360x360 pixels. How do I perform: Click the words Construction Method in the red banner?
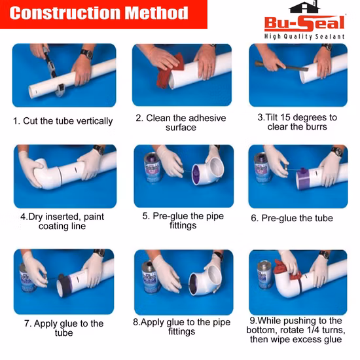pyautogui.click(x=99, y=13)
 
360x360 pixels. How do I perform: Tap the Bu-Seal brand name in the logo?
pyautogui.click(x=304, y=23)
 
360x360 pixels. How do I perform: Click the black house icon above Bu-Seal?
pyautogui.click(x=304, y=7)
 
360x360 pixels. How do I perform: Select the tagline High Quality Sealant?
pyautogui.click(x=304, y=37)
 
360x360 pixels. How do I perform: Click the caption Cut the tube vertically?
pyautogui.click(x=67, y=121)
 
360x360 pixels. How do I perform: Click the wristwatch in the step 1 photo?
pyautogui.click(x=87, y=54)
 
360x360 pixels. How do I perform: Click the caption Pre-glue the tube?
pyautogui.click(x=297, y=218)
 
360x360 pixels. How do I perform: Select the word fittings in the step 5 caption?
pyautogui.click(x=183, y=225)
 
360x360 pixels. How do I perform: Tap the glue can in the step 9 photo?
pyautogui.click(x=264, y=275)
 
